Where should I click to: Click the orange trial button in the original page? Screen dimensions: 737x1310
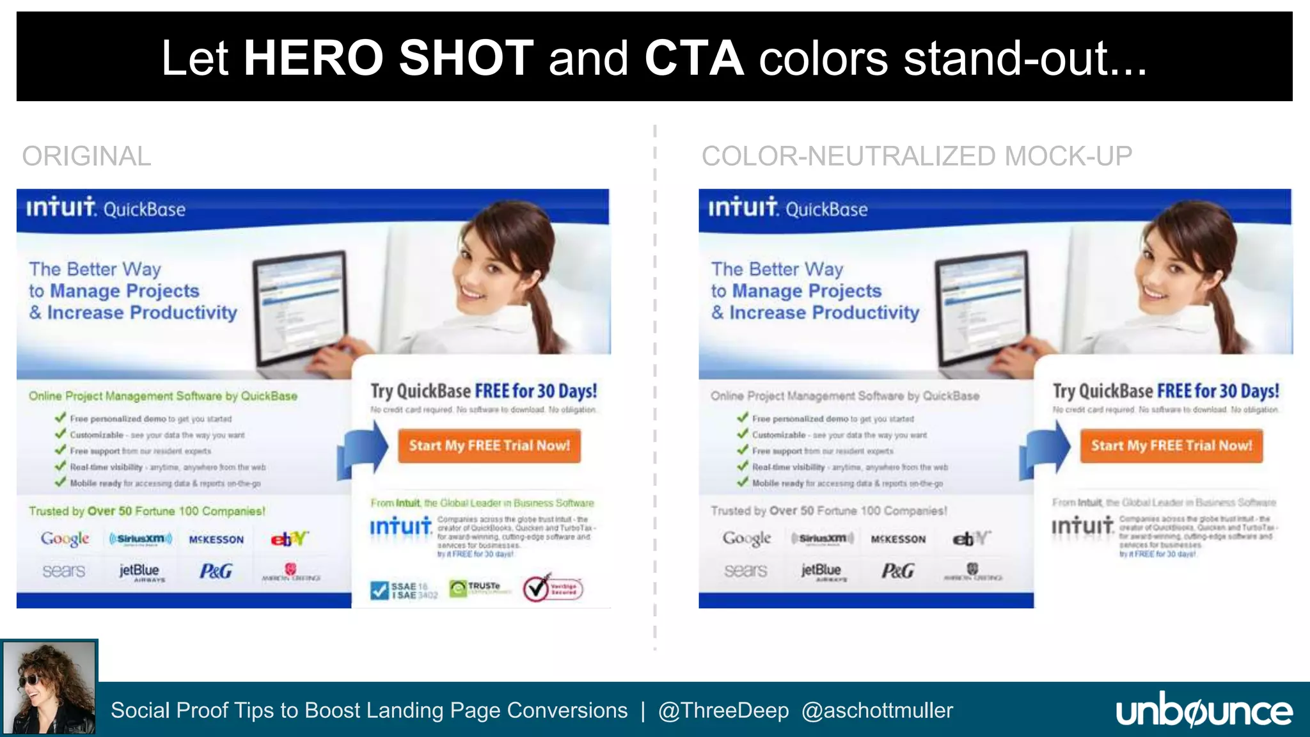point(489,446)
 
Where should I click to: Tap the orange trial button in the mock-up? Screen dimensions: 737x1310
point(1171,446)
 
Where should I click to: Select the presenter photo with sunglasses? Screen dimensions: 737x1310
point(49,688)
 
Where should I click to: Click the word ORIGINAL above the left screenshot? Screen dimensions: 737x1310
point(86,156)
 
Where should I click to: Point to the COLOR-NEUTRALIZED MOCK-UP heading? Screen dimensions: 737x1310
point(917,156)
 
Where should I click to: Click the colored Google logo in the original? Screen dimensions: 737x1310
point(65,539)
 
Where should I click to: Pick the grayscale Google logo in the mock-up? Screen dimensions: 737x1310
point(747,539)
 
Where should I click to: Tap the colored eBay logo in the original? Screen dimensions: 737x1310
point(289,539)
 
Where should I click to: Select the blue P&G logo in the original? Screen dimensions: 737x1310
point(216,571)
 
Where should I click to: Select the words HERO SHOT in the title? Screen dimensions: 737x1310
point(388,58)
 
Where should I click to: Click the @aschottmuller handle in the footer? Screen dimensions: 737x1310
point(877,711)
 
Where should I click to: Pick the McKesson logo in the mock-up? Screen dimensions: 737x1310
point(898,539)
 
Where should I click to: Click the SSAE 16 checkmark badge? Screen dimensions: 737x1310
point(404,590)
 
